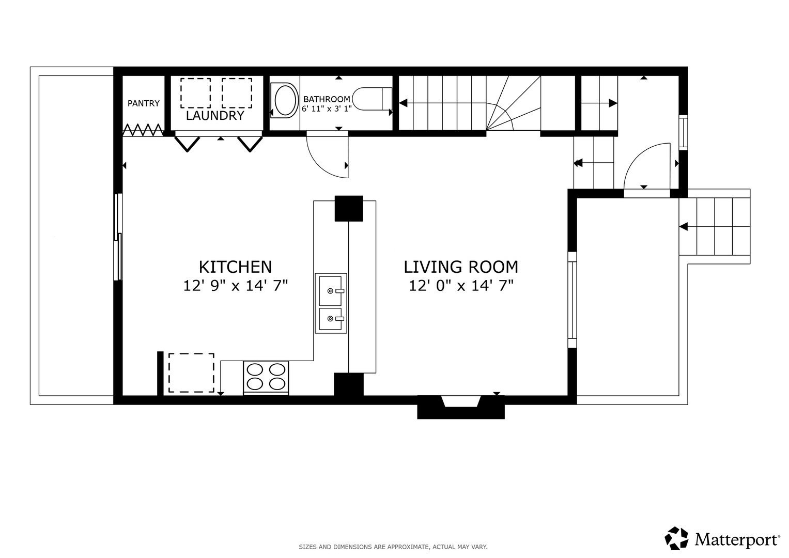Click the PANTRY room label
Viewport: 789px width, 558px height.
click(143, 103)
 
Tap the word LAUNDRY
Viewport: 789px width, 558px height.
click(215, 116)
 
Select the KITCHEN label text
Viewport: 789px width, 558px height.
click(235, 267)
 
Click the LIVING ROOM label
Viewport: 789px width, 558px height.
click(461, 267)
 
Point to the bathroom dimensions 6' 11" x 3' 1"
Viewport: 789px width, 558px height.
click(327, 109)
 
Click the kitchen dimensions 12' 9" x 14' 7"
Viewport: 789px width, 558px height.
click(235, 285)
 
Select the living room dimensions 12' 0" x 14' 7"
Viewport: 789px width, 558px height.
click(461, 285)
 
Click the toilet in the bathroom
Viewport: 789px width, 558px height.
click(372, 99)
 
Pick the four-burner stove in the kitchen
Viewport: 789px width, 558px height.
click(266, 378)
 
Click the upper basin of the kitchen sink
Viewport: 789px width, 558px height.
click(331, 290)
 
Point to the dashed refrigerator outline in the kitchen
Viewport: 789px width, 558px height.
click(191, 373)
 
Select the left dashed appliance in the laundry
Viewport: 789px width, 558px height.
click(195, 93)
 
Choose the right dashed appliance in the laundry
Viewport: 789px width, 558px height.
click(237, 93)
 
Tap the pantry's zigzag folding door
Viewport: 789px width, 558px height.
click(143, 130)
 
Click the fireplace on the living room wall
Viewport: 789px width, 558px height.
click(461, 407)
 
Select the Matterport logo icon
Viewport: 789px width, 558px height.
click(676, 538)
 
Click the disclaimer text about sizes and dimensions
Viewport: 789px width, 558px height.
click(393, 547)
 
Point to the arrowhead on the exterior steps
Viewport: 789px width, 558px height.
click(684, 226)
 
